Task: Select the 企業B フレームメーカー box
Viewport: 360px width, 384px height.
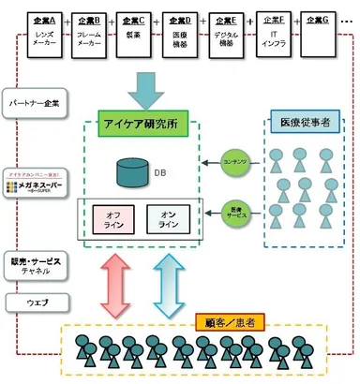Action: point(88,35)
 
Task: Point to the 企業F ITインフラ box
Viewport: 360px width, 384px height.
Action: point(274,35)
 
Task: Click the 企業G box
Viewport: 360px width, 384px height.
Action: point(319,35)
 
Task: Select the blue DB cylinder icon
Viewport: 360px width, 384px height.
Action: point(133,171)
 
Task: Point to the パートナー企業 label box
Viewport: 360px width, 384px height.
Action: point(34,102)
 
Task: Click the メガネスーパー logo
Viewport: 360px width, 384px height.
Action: point(34,182)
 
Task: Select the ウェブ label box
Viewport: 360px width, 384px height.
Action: point(34,302)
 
